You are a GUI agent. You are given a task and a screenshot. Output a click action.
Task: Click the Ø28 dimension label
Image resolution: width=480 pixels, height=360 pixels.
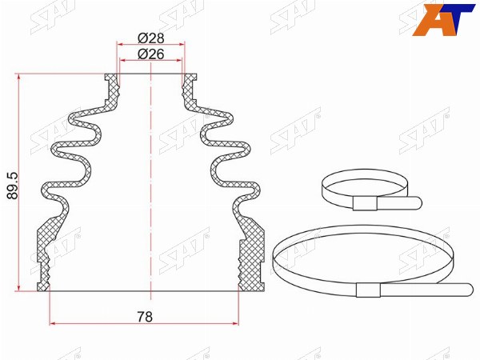tap(151, 38)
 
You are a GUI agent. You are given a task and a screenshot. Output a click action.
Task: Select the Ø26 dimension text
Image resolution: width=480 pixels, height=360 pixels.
tap(151, 54)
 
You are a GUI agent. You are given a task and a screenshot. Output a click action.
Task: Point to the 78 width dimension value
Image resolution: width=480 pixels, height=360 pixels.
tap(145, 317)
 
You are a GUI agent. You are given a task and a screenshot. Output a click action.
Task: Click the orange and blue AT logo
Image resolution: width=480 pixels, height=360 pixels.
tap(443, 19)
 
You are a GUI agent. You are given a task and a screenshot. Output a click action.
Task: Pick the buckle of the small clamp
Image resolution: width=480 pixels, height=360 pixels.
tap(365, 203)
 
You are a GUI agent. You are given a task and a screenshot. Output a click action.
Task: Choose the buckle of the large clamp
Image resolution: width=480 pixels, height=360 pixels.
tap(368, 290)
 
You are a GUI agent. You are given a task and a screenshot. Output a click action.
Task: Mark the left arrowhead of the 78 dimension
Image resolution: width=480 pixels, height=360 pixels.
tap(52, 323)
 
